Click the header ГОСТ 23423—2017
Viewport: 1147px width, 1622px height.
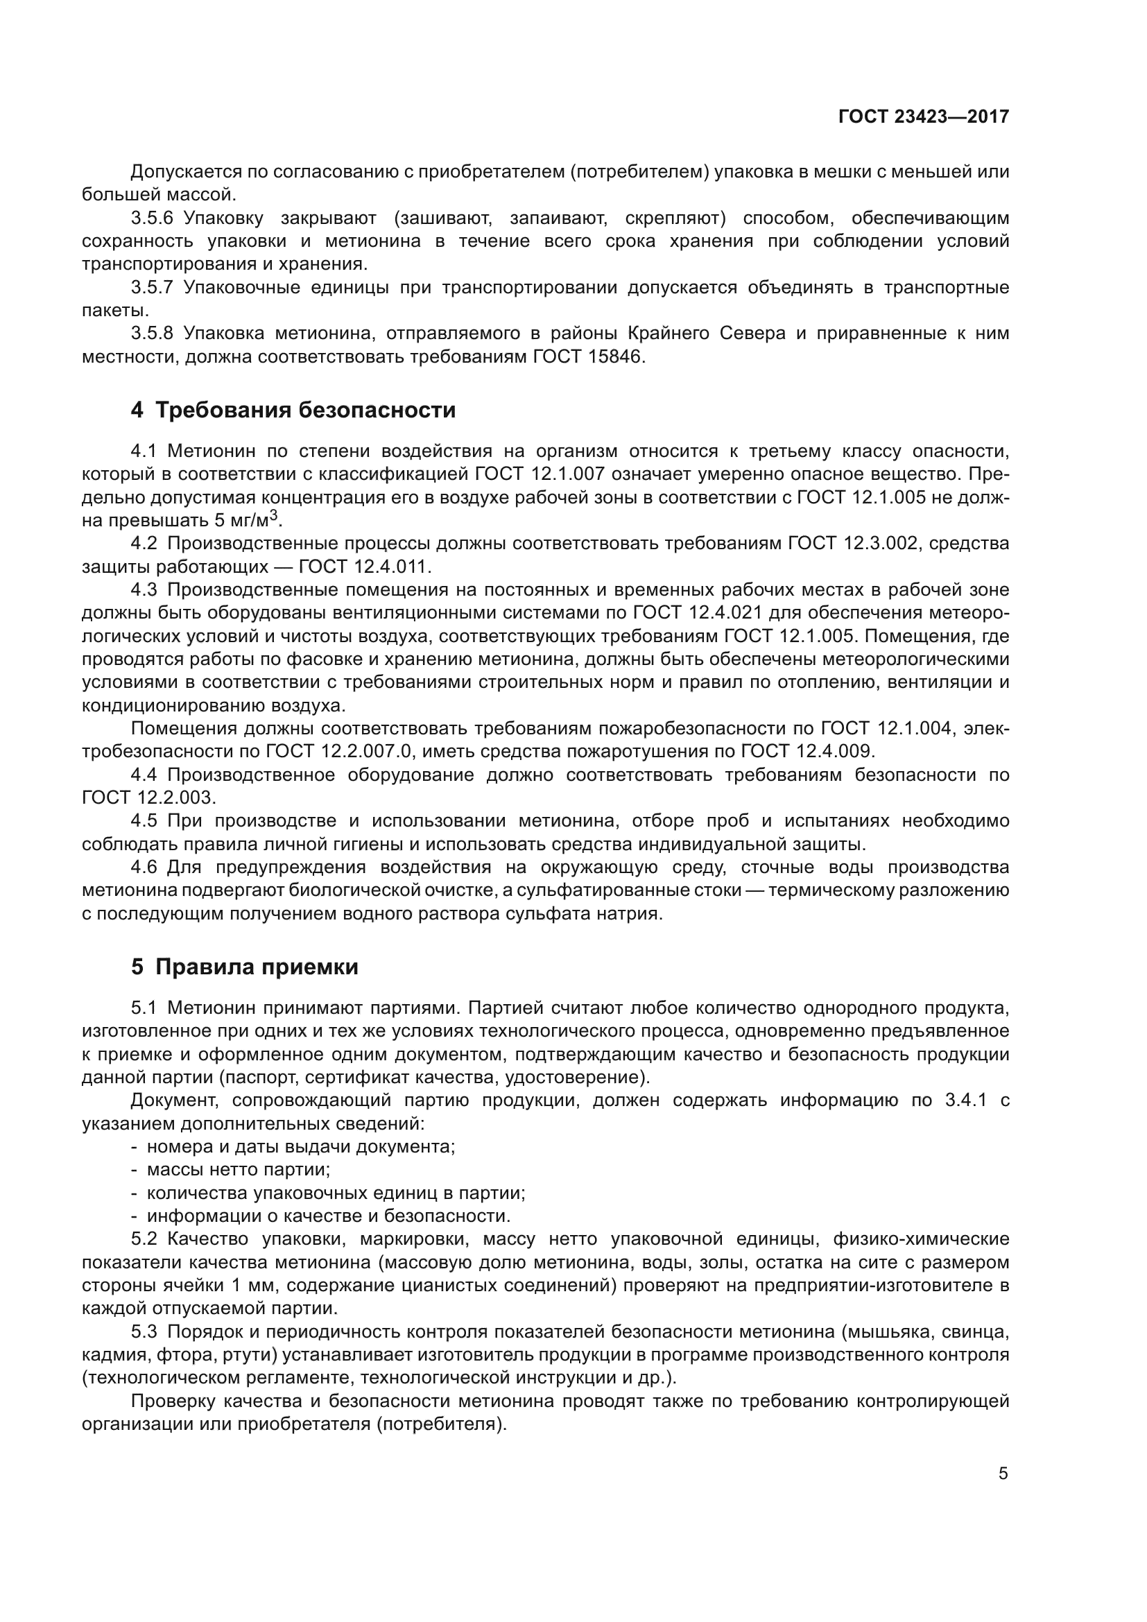(x=924, y=117)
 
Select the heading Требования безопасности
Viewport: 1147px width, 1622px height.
(x=304, y=410)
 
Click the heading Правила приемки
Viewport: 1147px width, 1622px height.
(x=257, y=967)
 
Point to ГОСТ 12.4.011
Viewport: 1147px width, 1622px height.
(x=365, y=567)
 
